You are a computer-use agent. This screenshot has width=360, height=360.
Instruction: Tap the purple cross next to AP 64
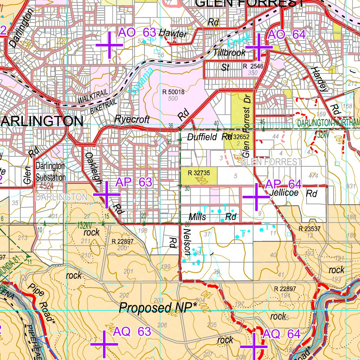click(256, 197)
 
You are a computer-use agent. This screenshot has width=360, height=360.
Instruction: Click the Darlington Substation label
click(51, 172)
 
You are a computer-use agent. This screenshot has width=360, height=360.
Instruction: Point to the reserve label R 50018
click(173, 92)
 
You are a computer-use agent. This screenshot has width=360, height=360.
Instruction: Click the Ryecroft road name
click(132, 120)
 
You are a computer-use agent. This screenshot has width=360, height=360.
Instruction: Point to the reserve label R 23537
click(309, 229)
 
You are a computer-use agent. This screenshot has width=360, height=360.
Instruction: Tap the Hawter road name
click(173, 33)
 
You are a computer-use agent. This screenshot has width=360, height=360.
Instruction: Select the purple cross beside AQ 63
click(104, 344)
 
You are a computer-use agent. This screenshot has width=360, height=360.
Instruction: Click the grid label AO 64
click(287, 35)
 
